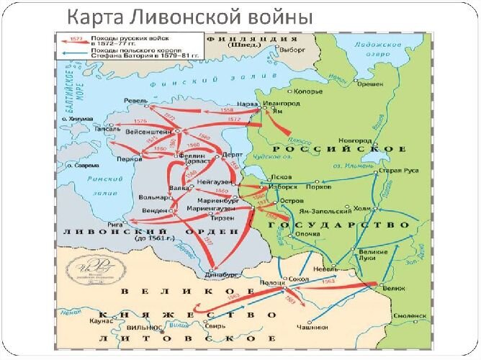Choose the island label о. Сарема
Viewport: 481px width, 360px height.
coord(84,165)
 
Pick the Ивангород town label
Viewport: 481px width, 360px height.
coord(268,104)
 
